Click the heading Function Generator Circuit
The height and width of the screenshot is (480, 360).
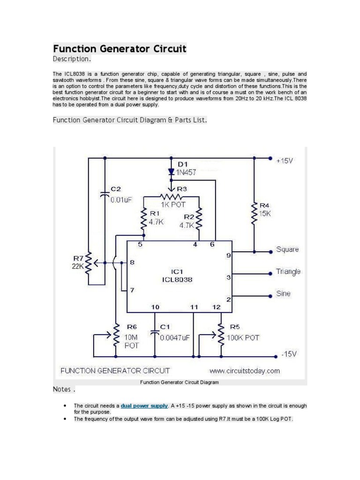coord(120,49)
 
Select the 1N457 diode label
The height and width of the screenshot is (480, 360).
coord(187,172)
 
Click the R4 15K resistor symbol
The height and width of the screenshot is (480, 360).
coord(254,213)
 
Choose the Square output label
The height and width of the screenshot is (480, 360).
coord(287,249)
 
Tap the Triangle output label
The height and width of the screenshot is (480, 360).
coord(288,271)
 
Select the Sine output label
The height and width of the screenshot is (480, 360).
coord(283,294)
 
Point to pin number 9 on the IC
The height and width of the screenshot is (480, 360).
coord(228,256)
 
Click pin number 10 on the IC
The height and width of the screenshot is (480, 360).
coord(155,307)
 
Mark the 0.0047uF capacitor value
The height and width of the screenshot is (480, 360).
coord(175,337)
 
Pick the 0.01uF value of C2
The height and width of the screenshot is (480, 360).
coord(121,200)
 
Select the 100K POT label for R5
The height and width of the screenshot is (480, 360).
coord(243,337)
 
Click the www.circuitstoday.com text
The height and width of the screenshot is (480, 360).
coord(244,371)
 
